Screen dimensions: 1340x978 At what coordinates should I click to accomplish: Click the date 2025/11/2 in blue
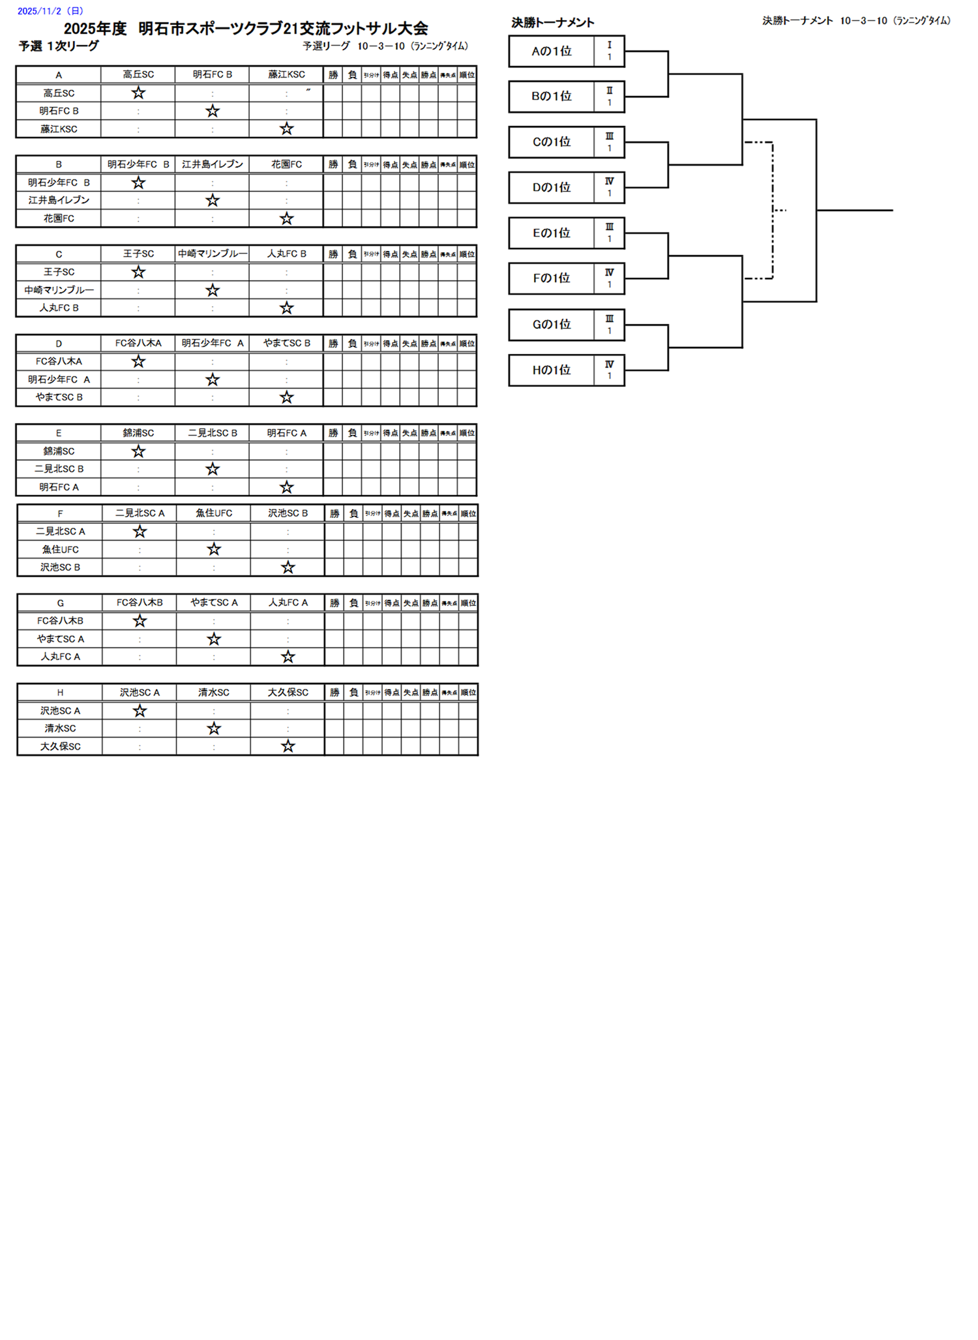[50, 11]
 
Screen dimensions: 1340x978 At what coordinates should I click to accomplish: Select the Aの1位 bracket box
[551, 52]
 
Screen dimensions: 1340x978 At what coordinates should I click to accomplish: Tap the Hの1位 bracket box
[551, 370]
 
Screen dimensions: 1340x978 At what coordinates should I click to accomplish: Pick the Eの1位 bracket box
[551, 233]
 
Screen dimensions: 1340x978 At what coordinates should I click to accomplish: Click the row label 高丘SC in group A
[59, 93]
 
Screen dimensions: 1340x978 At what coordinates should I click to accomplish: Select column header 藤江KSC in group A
[286, 75]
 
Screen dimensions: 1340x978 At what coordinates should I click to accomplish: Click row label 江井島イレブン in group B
[59, 200]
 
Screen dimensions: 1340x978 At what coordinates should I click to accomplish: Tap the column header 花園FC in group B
[286, 164]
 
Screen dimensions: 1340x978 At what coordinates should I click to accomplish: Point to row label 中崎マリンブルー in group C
[59, 290]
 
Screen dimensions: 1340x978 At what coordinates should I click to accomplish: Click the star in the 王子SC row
[138, 272]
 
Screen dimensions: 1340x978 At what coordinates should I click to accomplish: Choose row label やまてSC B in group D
[59, 397]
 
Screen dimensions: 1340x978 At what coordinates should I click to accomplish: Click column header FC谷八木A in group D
[138, 343]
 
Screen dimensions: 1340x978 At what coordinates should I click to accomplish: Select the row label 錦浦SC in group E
[59, 451]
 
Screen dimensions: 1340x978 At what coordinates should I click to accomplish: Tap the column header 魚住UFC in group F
[214, 513]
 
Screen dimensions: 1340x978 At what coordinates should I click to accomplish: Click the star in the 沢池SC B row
[288, 567]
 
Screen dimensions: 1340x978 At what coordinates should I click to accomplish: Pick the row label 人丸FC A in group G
[60, 657]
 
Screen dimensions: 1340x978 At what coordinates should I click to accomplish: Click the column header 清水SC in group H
[214, 692]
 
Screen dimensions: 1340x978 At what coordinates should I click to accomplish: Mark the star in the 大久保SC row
[288, 746]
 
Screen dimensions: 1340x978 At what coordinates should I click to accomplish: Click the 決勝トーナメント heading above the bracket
[553, 23]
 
